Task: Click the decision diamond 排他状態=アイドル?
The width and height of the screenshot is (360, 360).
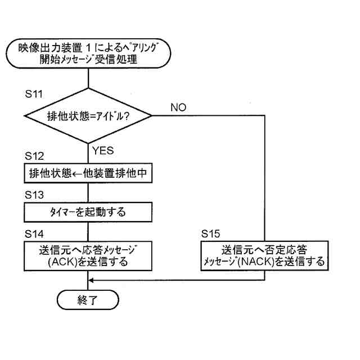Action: click(88, 116)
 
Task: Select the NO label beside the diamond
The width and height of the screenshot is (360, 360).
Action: click(178, 107)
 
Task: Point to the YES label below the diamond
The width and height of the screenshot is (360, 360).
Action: click(102, 150)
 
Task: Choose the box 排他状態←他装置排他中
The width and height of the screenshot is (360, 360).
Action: click(88, 174)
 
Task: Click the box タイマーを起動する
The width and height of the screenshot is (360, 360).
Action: click(88, 212)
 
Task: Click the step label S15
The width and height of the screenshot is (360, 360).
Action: click(211, 233)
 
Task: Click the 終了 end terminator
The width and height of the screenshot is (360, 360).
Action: click(88, 300)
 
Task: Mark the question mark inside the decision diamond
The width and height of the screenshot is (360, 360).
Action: click(134, 116)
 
